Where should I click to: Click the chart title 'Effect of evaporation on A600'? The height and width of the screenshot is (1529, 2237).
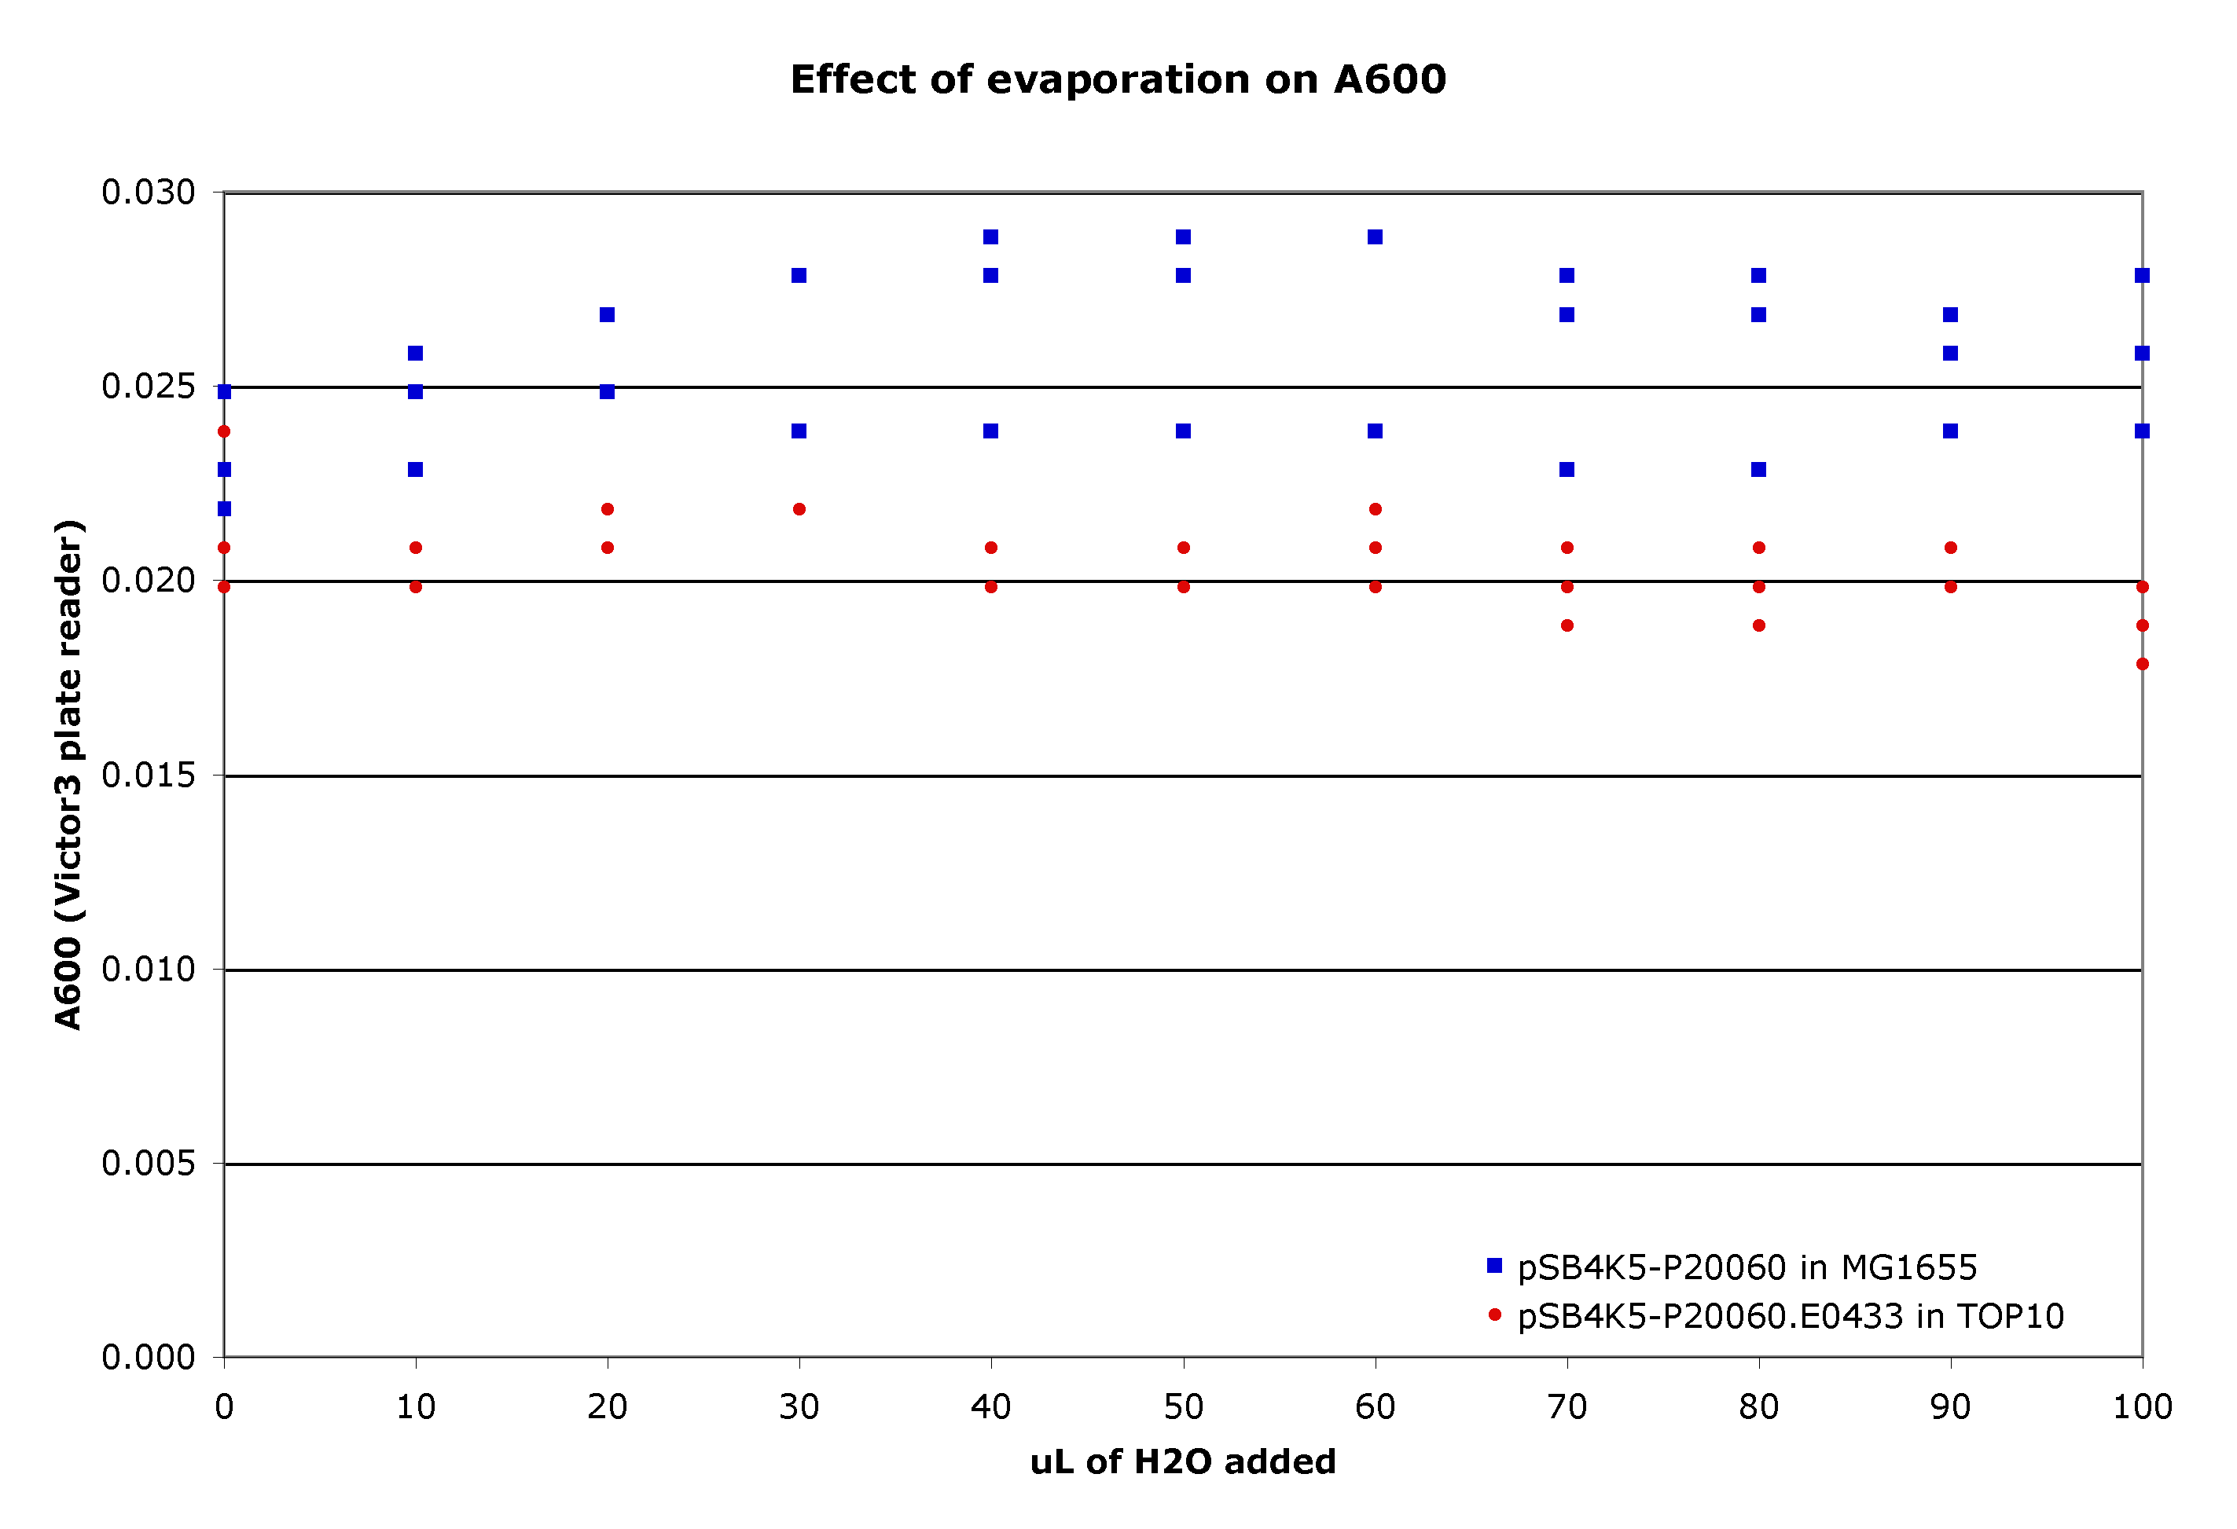tap(1118, 79)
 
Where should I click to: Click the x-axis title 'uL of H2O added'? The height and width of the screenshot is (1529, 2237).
tap(1182, 1461)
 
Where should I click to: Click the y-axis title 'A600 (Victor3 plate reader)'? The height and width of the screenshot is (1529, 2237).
tap(69, 775)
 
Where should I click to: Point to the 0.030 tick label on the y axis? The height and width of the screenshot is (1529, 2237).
tap(149, 192)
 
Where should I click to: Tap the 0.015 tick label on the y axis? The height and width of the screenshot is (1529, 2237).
tap(149, 775)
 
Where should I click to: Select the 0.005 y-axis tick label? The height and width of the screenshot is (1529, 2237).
tap(149, 1164)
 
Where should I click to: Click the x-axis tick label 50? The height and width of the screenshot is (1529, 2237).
tap(1183, 1408)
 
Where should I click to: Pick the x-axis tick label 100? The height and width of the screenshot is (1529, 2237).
tap(2142, 1408)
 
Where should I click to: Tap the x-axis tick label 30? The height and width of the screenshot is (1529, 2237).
tap(799, 1408)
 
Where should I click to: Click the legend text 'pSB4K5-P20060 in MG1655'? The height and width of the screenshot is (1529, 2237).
tap(1747, 1267)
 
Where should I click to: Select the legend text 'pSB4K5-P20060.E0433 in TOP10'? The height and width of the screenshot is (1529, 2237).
tap(1791, 1315)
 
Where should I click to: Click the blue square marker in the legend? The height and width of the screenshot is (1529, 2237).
tap(1494, 1265)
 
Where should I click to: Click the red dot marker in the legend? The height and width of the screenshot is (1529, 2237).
tap(1494, 1314)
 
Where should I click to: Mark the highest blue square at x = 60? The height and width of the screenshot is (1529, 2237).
tap(1375, 236)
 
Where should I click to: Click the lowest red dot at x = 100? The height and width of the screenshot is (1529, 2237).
tap(2142, 664)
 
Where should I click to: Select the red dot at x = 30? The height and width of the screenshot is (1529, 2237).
tap(799, 509)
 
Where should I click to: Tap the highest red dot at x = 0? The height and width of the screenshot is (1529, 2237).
tap(224, 431)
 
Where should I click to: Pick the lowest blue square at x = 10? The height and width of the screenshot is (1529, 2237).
tap(416, 470)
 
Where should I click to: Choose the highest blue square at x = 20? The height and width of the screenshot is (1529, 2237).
tap(608, 314)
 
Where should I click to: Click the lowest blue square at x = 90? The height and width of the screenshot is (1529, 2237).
tap(1950, 431)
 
